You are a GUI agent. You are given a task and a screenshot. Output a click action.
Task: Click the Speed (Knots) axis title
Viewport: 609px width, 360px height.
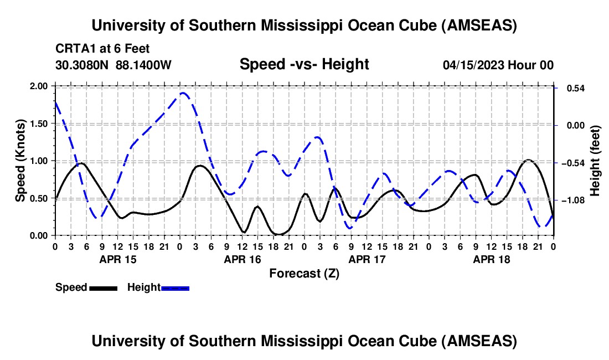(20, 161)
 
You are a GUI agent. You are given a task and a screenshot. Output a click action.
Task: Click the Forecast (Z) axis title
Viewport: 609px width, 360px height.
(304, 273)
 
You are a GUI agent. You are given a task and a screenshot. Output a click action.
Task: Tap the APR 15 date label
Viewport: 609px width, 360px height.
(117, 259)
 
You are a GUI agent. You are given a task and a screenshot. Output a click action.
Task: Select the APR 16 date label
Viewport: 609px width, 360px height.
(242, 259)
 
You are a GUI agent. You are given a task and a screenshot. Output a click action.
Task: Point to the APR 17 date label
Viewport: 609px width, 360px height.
(367, 259)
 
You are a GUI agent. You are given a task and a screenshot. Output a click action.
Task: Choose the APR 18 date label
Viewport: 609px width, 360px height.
(491, 259)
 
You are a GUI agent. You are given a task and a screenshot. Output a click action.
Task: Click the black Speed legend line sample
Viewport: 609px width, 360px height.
(103, 288)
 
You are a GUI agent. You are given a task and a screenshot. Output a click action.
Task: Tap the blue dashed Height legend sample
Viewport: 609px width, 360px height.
(176, 288)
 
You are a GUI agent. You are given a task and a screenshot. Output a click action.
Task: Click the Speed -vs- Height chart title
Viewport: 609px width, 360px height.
(304, 64)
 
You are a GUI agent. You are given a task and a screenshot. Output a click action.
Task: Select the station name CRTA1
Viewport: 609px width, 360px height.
(75, 49)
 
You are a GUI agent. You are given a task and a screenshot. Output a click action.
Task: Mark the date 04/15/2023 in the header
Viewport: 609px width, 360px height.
(474, 65)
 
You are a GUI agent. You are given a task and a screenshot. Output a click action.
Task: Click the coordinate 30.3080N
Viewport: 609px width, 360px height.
(83, 65)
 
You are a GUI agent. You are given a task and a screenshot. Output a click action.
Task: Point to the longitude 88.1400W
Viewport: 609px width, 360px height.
(144, 65)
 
